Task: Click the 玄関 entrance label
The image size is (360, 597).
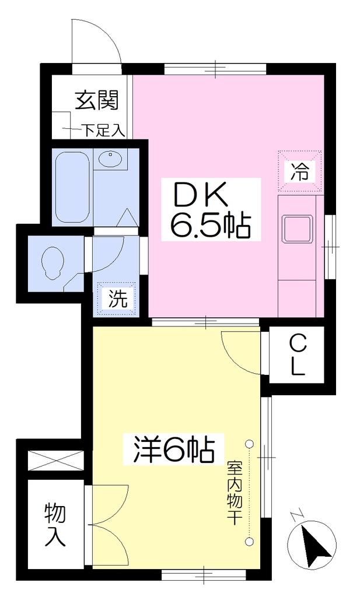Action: (x=97, y=100)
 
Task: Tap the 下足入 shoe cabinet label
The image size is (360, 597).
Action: (x=104, y=131)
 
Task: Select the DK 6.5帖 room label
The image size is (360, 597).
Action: (x=211, y=210)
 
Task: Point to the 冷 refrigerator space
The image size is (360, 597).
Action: (x=300, y=170)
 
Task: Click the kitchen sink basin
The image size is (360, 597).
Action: (x=297, y=228)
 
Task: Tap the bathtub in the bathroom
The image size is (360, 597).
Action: (x=72, y=187)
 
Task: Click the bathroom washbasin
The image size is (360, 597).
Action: (x=110, y=159)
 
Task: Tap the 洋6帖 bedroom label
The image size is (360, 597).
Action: (x=173, y=449)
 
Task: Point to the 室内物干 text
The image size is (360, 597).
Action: (x=235, y=493)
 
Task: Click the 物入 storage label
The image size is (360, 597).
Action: (x=55, y=525)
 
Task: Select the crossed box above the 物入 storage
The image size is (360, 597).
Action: (x=56, y=461)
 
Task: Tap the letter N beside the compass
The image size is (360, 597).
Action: (x=295, y=517)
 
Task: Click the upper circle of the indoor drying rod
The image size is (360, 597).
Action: (x=249, y=444)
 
